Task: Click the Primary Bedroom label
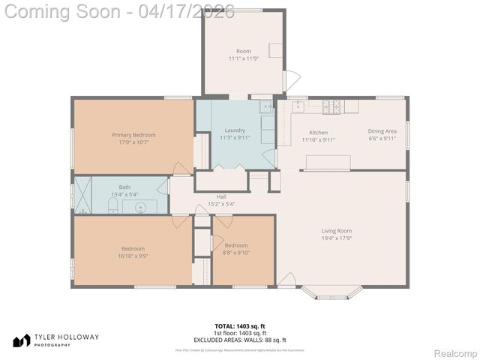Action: coord(133,134)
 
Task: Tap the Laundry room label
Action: coord(235,130)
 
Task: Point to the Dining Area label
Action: coord(382,130)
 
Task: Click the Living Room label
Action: coord(337,231)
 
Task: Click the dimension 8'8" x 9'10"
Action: coord(235,253)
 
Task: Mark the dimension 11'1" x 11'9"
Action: coord(244,58)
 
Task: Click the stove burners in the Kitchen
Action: coord(330,107)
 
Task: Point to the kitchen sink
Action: coord(298,106)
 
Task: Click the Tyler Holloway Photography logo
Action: coord(55,340)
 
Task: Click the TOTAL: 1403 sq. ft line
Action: coord(239,326)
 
